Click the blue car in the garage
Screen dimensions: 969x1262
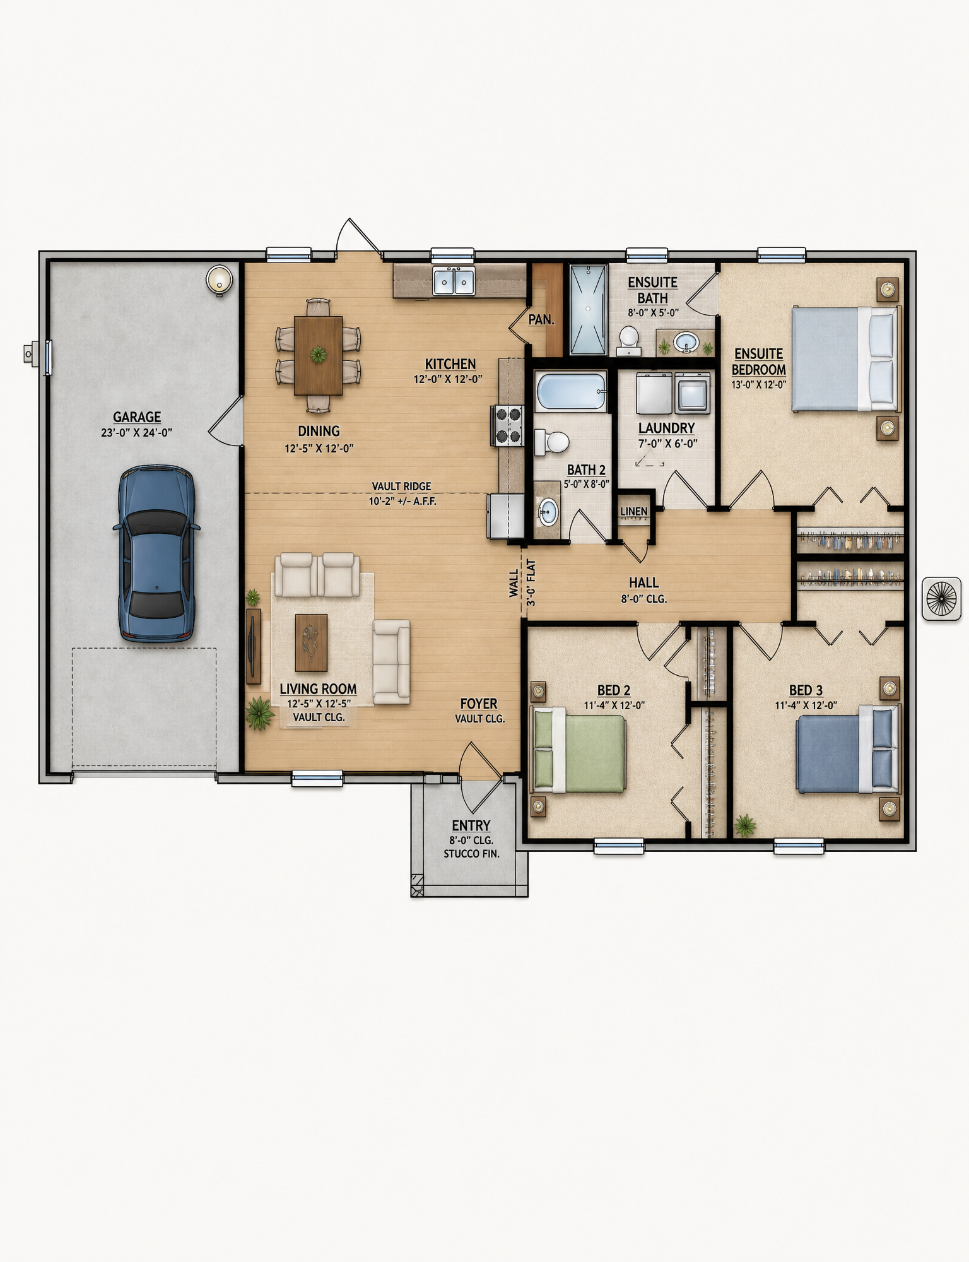coord(156,553)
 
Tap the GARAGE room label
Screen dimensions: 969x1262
coord(137,417)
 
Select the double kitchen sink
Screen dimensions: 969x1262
coord(454,280)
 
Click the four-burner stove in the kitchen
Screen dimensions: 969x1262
coord(508,425)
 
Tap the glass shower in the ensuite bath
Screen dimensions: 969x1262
coord(588,309)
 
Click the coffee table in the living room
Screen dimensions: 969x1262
coord(311,642)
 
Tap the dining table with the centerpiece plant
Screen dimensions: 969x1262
coord(319,355)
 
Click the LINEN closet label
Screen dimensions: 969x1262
coord(633,512)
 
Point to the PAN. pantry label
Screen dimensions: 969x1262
coord(541,320)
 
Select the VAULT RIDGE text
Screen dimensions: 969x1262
coord(401,487)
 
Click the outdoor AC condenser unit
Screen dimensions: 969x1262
coord(942,598)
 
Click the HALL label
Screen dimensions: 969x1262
coord(643,583)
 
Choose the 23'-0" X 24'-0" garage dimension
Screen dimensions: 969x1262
coord(136,433)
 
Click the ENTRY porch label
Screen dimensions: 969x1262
coord(471,825)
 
